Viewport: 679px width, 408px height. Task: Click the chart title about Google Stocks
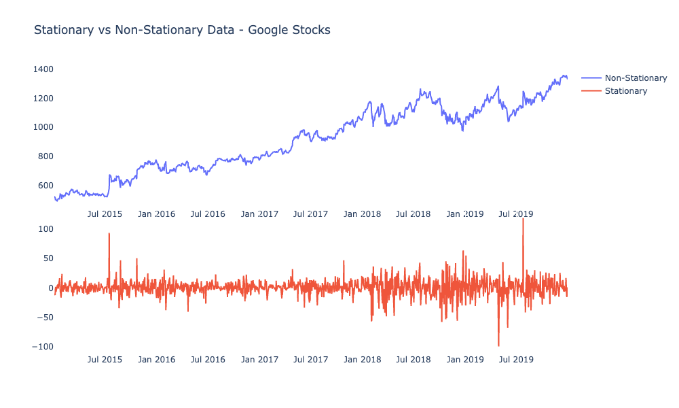[182, 30]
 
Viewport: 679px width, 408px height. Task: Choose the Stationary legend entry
[625, 91]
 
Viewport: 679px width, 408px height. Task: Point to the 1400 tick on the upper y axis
[42, 69]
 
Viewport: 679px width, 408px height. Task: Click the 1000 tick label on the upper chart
[42, 127]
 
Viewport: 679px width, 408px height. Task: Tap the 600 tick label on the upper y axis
[45, 186]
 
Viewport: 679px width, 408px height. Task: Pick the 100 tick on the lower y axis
[45, 229]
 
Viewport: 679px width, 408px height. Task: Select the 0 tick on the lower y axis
[50, 288]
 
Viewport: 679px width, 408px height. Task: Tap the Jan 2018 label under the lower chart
[362, 360]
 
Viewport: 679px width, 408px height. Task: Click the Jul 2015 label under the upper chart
[105, 214]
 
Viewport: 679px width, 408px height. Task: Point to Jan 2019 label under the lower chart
[464, 360]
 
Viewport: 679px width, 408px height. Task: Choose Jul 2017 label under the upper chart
[310, 214]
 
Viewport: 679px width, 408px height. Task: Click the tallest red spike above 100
[523, 220]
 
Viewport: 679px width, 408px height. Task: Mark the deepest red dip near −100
[498, 345]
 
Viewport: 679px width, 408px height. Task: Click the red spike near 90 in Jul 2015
[109, 234]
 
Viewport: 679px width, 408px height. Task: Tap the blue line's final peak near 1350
[564, 75]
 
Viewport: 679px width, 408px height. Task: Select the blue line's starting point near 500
[55, 197]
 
